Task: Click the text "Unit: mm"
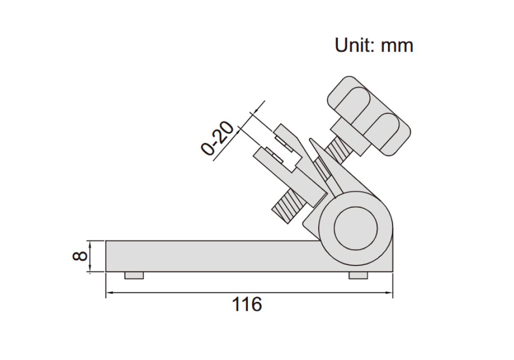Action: [374, 45]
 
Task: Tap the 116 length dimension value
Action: [247, 304]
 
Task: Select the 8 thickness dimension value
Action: [80, 256]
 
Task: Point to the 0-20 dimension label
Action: [217, 138]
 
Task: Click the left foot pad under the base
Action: [134, 275]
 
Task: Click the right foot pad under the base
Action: [358, 275]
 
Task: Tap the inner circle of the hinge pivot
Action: [356, 228]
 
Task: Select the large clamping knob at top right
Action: [369, 116]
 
